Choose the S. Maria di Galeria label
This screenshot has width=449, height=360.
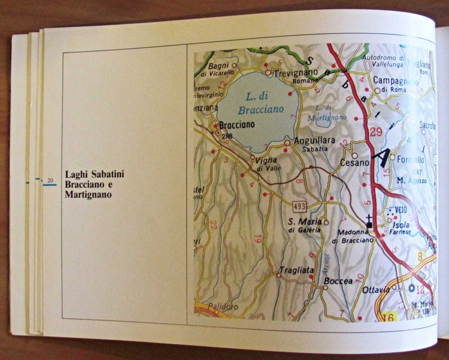point(305,224)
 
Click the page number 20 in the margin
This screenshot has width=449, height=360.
point(50,180)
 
